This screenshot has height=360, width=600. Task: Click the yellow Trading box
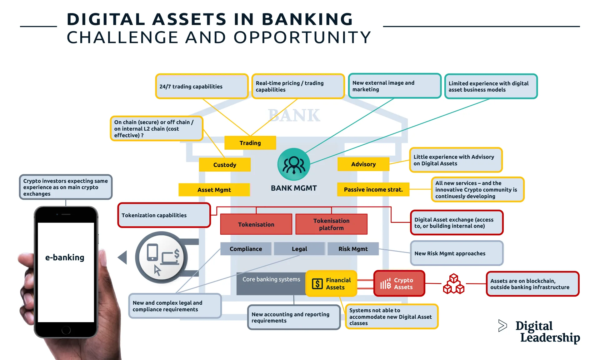[250, 143]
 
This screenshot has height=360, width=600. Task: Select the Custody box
[225, 165]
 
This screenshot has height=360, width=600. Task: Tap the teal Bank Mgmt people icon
[293, 164]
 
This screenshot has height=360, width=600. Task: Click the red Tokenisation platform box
[331, 224]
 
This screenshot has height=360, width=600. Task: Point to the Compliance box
[246, 249]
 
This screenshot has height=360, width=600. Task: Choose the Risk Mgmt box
[353, 249]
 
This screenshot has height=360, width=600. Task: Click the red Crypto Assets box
[399, 283]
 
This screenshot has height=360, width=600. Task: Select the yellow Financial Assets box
[331, 283]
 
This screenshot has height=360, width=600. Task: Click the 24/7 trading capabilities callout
[202, 86]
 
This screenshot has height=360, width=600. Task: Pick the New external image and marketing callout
[394, 86]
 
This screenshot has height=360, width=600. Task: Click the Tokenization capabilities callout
[164, 215]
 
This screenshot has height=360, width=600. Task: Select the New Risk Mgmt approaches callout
[456, 253]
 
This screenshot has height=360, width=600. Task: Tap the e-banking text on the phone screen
[65, 257]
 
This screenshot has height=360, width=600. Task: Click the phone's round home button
[66, 330]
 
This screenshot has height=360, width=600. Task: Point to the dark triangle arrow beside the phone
[123, 257]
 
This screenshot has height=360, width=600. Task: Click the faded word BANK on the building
[294, 115]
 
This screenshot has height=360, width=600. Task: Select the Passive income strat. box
[373, 189]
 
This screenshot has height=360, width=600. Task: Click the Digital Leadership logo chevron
[502, 326]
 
